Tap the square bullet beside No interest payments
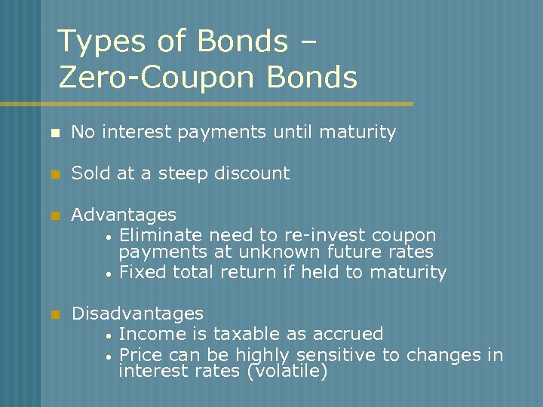[54, 133]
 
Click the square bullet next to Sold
[54, 174]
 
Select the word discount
[252, 173]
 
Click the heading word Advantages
[124, 216]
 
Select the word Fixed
[143, 272]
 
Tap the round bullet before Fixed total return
[109, 274]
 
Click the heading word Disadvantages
[137, 313]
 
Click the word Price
[142, 354]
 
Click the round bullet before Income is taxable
[109, 335]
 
